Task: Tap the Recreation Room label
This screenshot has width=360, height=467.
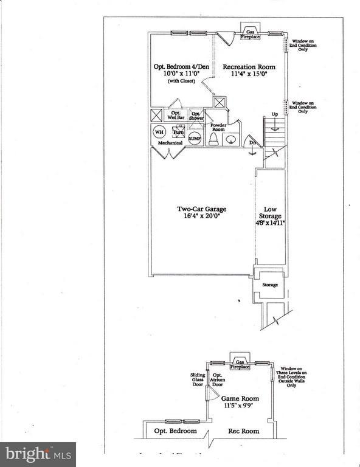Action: [249, 67]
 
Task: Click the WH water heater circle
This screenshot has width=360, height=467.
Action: [159, 131]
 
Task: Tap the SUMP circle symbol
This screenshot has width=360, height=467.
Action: [195, 138]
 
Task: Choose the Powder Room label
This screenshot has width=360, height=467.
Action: [218, 127]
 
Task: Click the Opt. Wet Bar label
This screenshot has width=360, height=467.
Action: [176, 115]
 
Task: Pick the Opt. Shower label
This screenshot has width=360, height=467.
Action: [196, 115]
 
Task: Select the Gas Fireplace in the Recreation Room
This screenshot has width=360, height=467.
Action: [249, 32]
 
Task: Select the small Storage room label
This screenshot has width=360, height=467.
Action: [269, 285]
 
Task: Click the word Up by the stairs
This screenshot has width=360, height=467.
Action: [274, 114]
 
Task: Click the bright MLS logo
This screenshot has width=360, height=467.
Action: [38, 454]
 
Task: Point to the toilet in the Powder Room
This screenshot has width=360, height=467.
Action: [213, 139]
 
